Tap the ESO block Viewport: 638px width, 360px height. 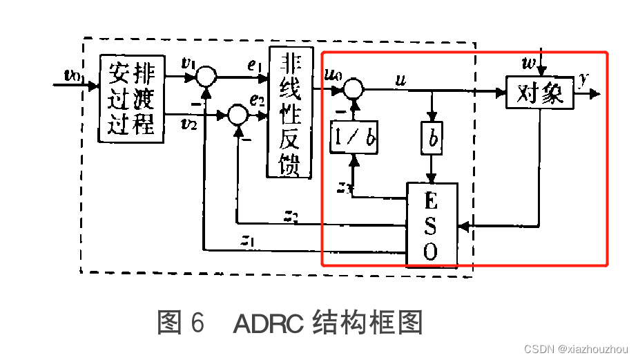(431, 225)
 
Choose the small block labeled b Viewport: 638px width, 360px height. (432, 139)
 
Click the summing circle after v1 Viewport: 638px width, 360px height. (205, 75)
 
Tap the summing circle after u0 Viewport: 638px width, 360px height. (354, 88)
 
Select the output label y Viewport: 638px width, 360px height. (584, 78)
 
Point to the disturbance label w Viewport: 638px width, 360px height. (530, 64)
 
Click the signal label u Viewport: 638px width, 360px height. (400, 79)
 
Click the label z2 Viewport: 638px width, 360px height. (291, 216)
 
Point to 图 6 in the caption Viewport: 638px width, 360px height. (181, 323)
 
